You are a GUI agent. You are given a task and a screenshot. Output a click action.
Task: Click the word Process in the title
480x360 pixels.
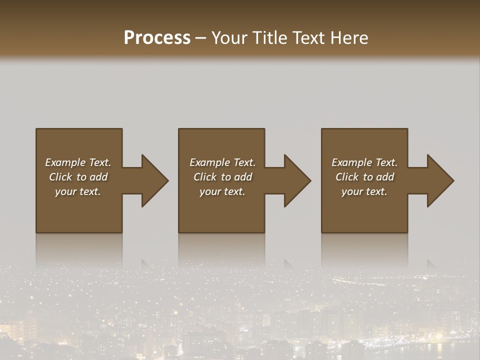(157, 38)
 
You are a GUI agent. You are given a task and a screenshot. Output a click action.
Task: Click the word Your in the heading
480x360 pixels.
(230, 38)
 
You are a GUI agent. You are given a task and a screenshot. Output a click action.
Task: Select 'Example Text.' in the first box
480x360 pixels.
(78, 162)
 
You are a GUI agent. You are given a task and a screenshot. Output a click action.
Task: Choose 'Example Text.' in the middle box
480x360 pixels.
(222, 162)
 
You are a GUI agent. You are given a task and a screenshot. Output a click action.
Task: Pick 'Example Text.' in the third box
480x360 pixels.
(364, 162)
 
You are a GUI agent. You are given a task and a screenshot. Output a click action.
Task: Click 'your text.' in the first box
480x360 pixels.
(78, 191)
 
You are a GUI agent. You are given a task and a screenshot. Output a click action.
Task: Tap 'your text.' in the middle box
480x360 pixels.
(222, 191)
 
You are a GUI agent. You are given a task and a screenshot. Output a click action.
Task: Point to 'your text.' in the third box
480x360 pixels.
(364, 191)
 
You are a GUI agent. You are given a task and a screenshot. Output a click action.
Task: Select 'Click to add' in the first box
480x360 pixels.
(78, 177)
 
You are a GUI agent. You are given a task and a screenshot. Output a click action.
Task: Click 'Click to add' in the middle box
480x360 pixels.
(222, 177)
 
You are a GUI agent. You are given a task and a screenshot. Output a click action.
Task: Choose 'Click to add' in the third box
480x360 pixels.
(364, 177)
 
